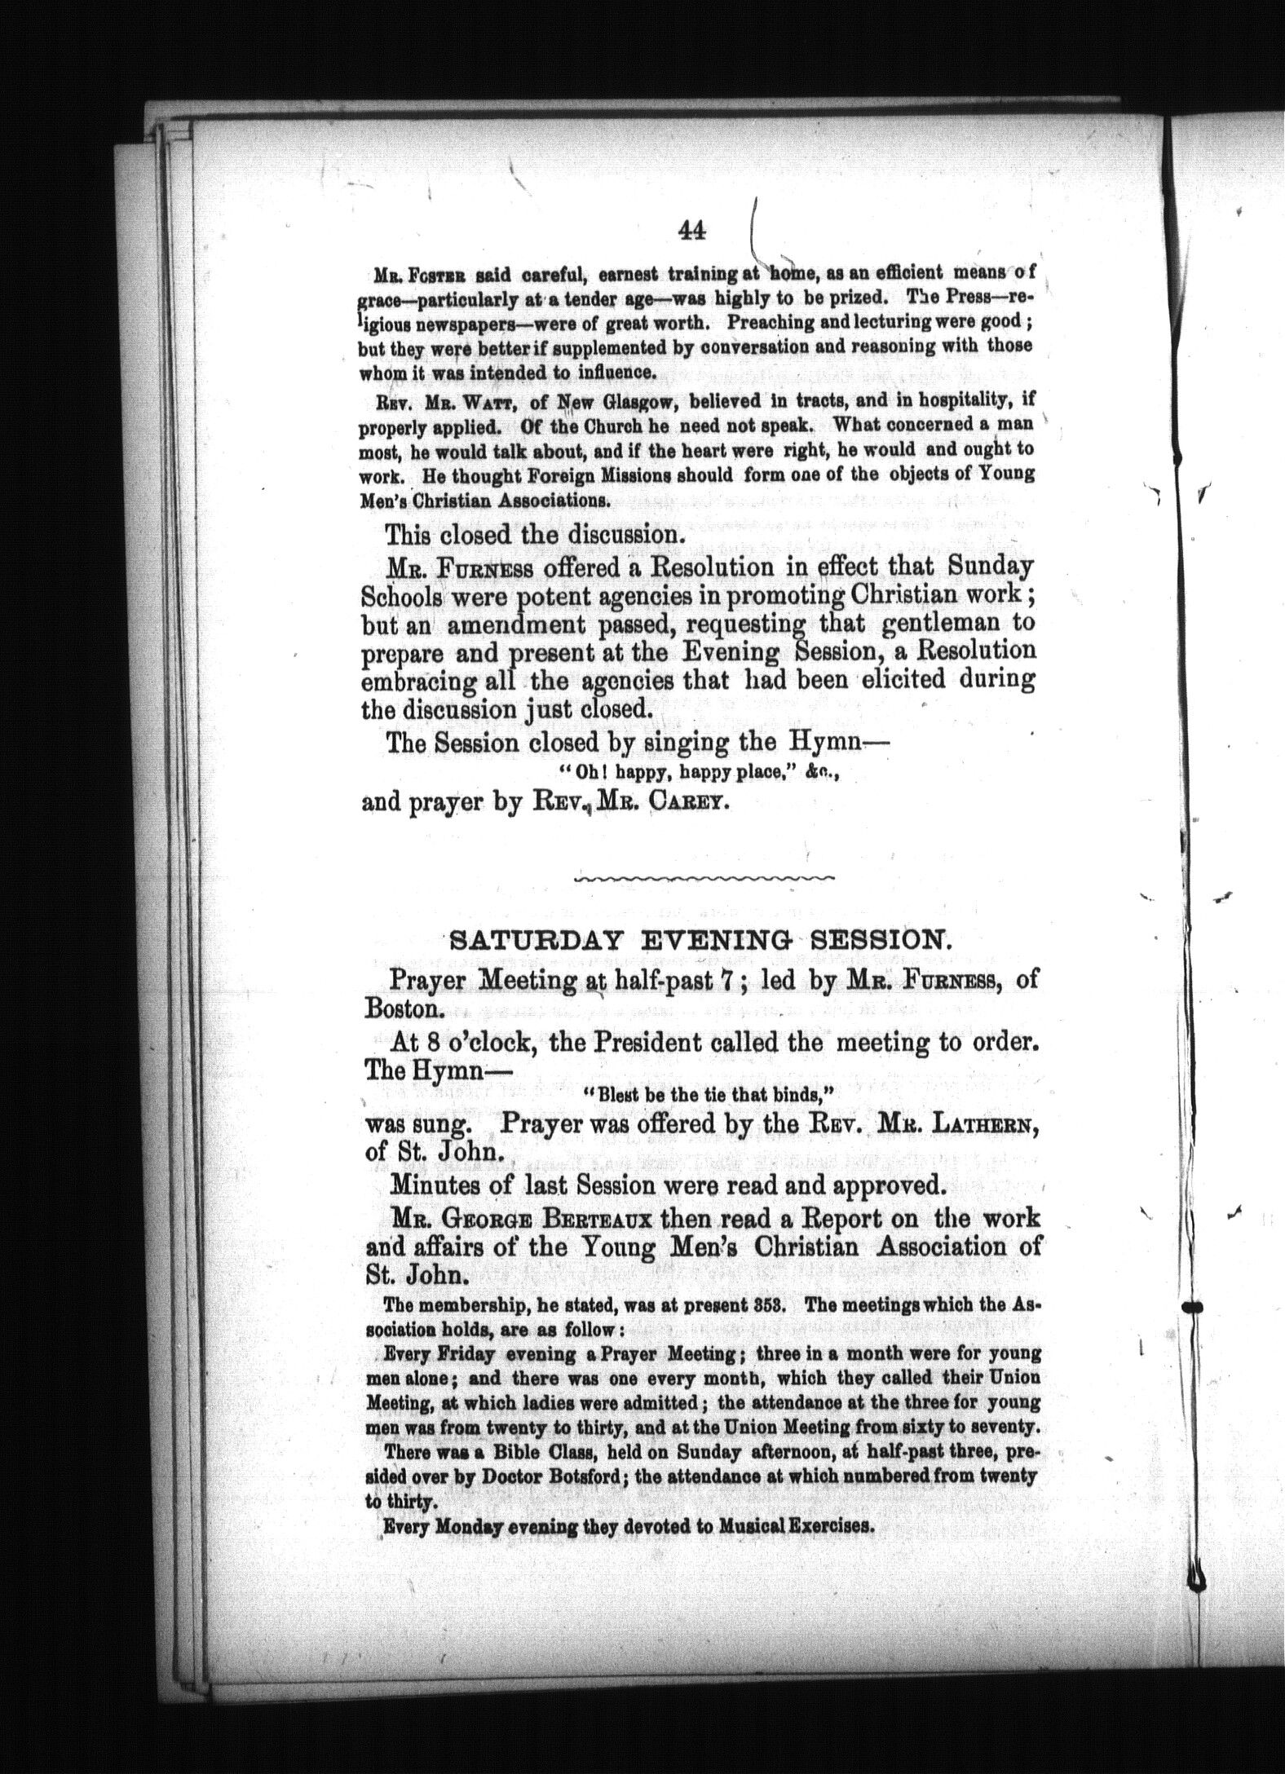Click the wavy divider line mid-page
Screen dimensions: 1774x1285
pyautogui.click(x=705, y=878)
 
